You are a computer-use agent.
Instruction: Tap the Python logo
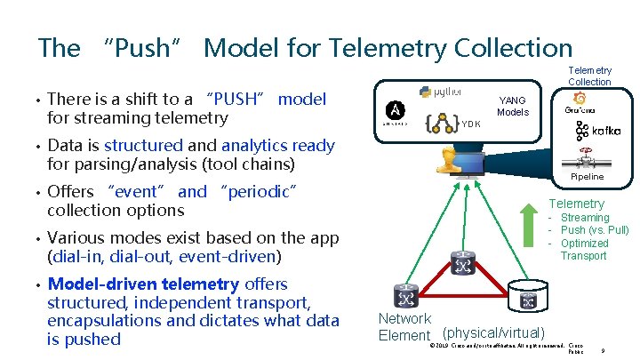440,92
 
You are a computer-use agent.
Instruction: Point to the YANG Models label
513,107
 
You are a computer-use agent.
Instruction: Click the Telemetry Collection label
589,76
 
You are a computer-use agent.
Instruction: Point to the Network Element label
404,327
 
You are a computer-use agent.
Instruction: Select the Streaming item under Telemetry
584,218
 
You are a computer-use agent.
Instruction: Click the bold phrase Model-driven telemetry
142,284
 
